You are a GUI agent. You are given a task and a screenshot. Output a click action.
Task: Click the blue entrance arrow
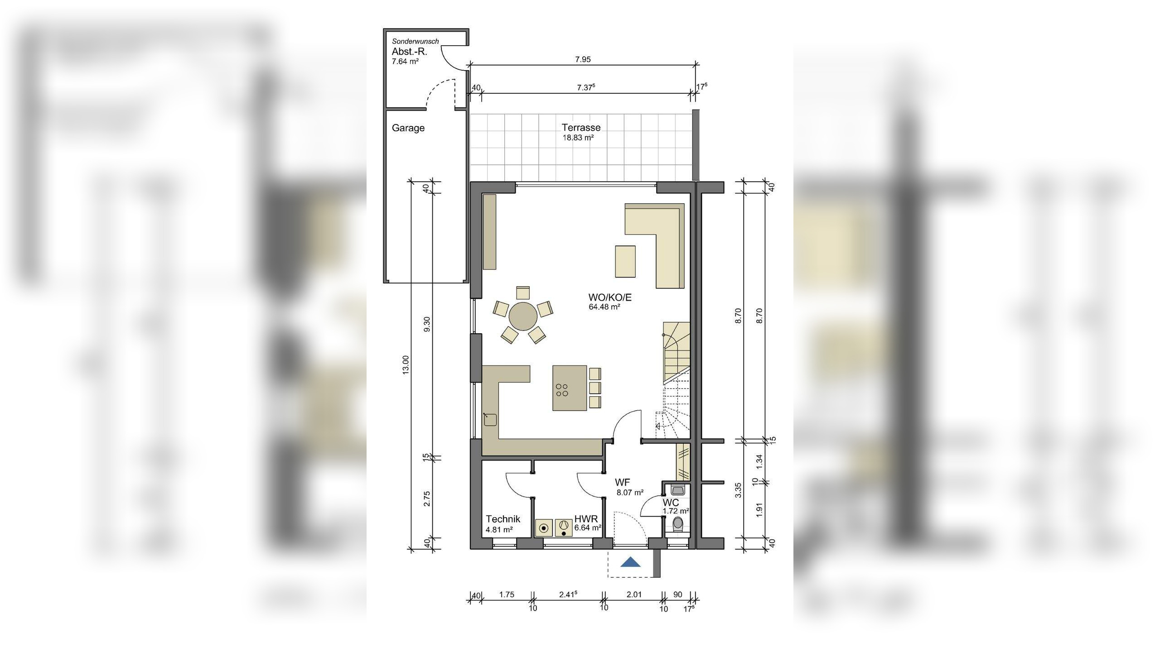[x=630, y=562]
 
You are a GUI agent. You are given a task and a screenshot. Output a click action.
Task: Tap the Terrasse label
[x=581, y=128]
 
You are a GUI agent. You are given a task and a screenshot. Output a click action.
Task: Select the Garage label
[x=408, y=128]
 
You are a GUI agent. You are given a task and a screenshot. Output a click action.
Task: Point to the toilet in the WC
[x=678, y=524]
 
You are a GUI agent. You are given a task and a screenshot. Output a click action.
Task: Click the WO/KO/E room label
[x=609, y=297]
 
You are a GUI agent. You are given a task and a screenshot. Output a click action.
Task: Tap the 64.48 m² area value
[x=604, y=307]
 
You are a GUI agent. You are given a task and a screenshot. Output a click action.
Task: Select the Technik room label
[x=503, y=519]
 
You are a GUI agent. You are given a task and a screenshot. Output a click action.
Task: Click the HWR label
[x=586, y=519]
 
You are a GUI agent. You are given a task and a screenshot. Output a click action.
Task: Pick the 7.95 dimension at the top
[x=583, y=59]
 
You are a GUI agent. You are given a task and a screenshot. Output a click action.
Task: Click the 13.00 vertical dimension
[x=406, y=364]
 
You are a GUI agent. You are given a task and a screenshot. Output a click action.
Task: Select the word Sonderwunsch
[x=415, y=41]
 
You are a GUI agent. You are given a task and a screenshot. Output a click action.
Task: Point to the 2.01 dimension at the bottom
[x=634, y=594]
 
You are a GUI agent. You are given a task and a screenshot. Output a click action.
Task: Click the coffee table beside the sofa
[x=625, y=261]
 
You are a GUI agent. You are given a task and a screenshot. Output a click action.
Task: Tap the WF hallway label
[x=622, y=483]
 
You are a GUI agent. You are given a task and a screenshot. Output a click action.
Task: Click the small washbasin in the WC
[x=678, y=490]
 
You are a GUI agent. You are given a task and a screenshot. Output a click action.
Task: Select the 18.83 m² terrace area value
[x=578, y=138]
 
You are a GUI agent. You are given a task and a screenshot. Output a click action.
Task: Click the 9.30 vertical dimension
[x=427, y=324]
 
